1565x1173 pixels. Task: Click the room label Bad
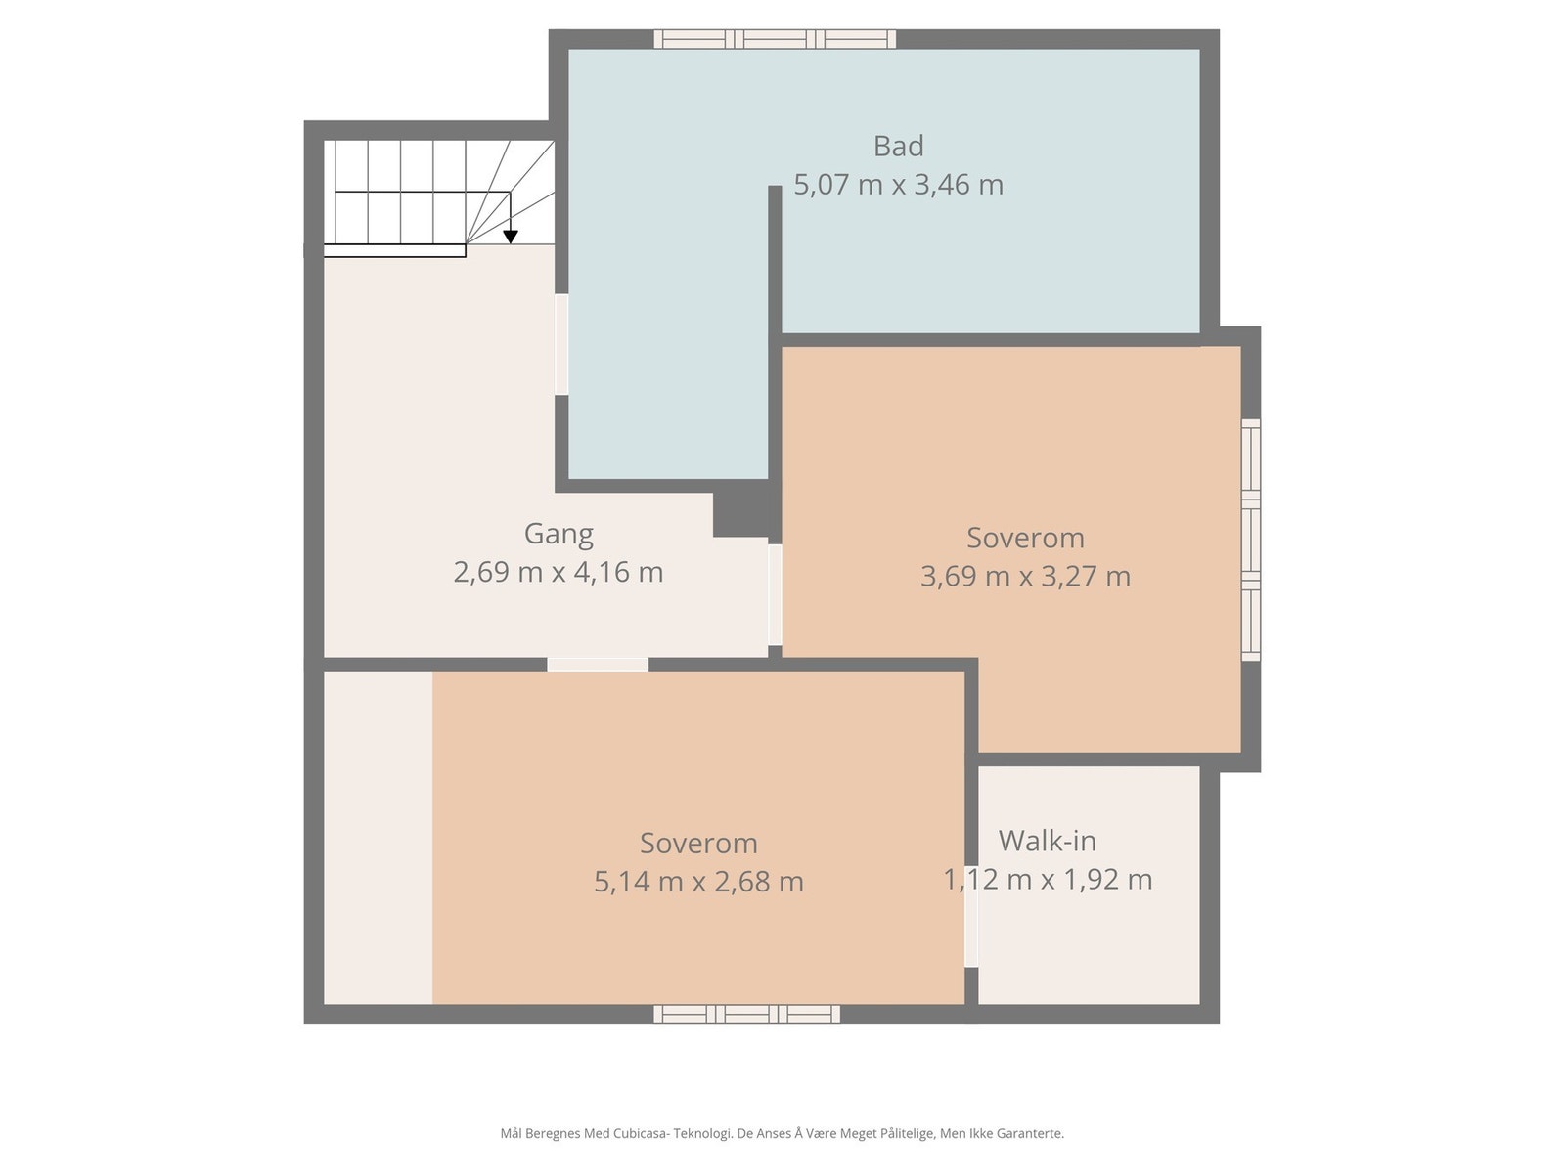pos(898,146)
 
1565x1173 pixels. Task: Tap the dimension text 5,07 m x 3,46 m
pos(898,185)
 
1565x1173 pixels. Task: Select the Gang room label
pos(559,534)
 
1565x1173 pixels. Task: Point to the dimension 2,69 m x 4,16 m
pos(559,572)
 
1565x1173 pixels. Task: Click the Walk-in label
pos(1047,841)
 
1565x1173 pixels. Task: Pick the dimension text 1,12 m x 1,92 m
pos(1047,879)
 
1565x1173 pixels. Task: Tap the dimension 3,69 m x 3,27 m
pos(1024,576)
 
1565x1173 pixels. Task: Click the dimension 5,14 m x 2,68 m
pos(698,881)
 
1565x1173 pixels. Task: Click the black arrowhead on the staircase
pos(510,237)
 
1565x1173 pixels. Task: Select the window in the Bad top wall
pos(775,39)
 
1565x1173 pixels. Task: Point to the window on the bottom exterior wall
pos(746,1015)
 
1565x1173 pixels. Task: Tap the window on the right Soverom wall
pos(1251,540)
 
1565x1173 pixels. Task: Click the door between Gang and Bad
pos(561,345)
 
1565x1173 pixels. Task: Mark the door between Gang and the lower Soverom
pos(598,665)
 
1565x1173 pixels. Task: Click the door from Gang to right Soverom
pos(775,594)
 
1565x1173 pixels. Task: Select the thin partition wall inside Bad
pos(775,331)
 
